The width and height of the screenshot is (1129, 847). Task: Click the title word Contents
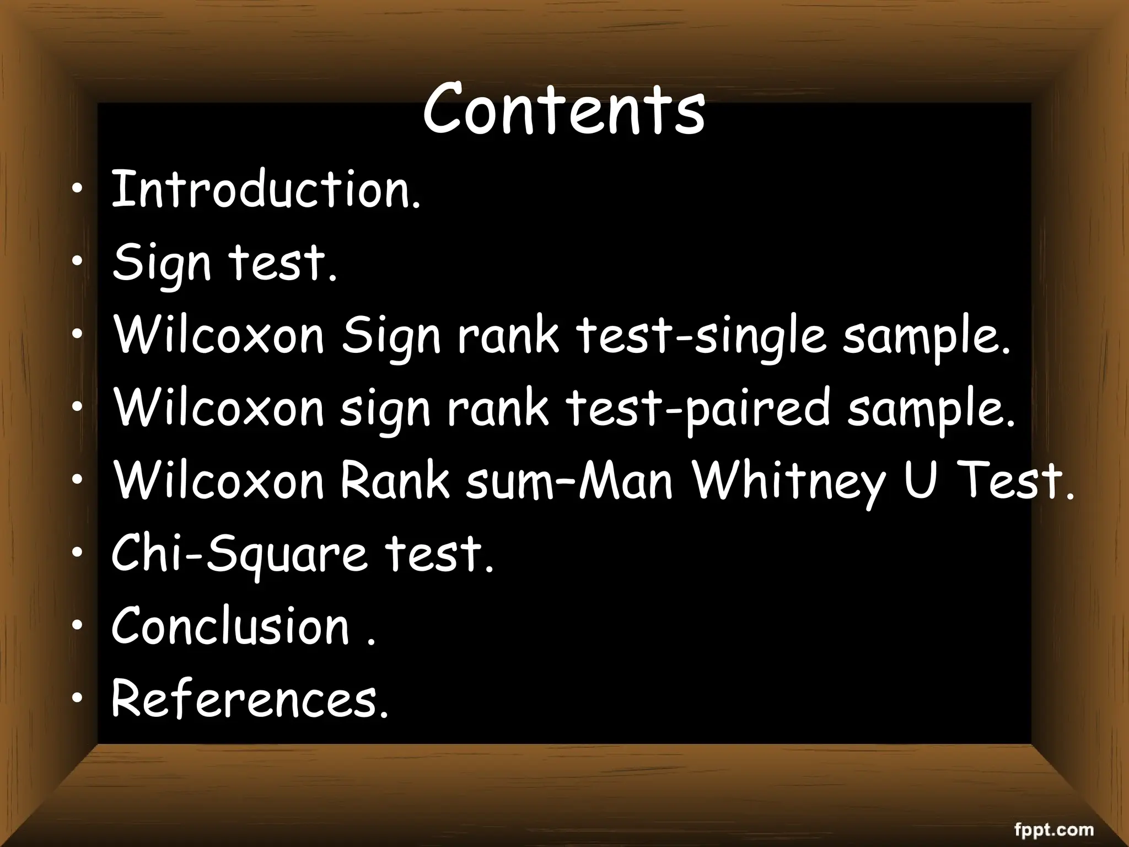point(563,110)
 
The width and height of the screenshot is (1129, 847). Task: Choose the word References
point(250,699)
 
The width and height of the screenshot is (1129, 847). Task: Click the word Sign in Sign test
point(162,264)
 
